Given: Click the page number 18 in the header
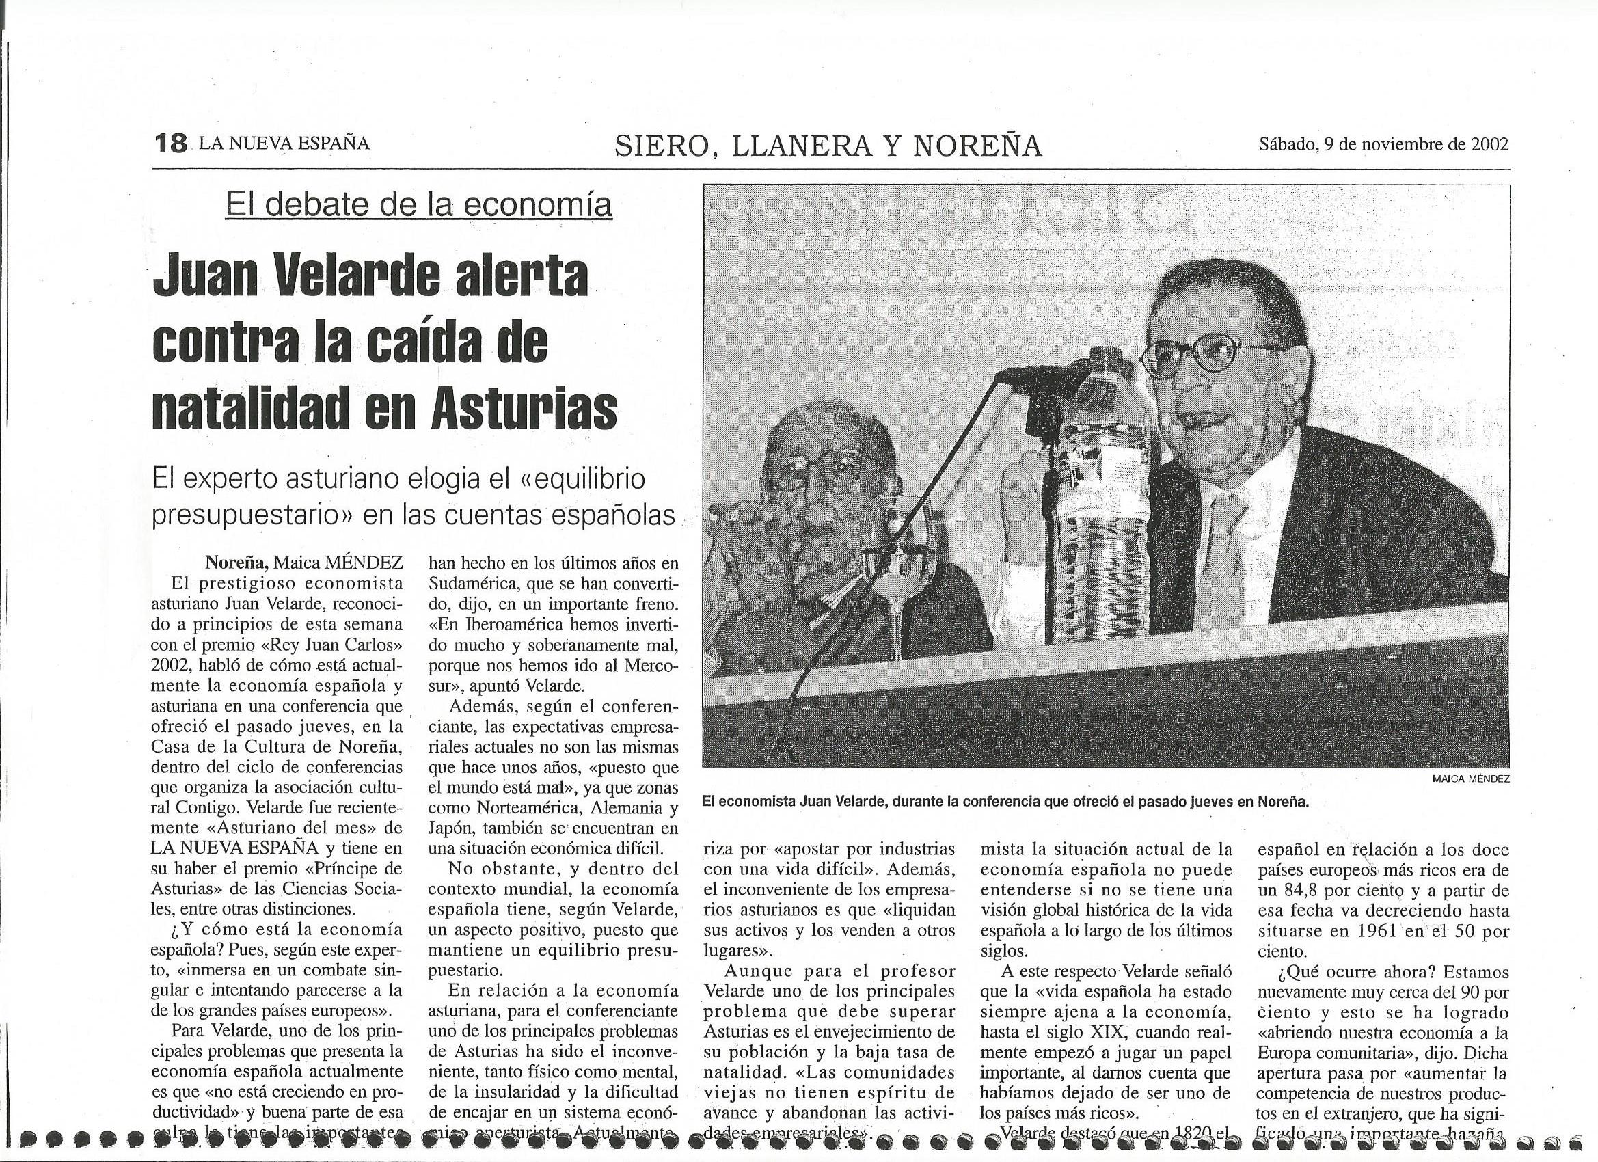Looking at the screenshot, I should (170, 144).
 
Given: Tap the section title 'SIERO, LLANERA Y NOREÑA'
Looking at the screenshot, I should (828, 145).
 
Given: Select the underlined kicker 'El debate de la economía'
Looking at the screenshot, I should (418, 204).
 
